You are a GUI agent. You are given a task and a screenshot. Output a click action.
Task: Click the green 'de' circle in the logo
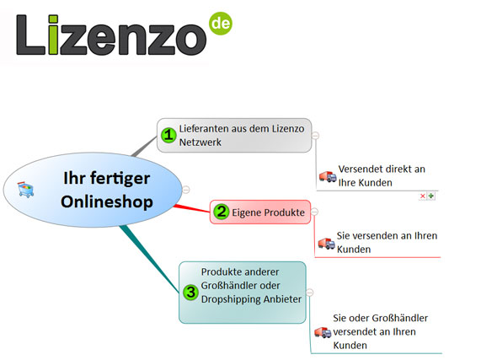[221, 24]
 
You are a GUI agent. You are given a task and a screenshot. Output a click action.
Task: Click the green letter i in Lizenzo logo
[54, 35]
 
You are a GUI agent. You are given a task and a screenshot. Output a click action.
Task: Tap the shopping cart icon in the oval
[25, 190]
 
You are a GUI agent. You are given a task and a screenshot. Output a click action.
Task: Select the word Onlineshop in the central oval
[107, 202]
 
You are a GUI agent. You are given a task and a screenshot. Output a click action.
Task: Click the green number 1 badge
[168, 136]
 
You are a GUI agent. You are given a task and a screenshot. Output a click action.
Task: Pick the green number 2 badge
[222, 212]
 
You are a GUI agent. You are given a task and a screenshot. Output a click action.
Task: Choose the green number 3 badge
[191, 292]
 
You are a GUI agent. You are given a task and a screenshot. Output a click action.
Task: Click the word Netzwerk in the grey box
[200, 142]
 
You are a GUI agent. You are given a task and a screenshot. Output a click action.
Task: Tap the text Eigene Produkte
[268, 212]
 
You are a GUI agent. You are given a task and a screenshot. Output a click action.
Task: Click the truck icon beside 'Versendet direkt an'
[328, 176]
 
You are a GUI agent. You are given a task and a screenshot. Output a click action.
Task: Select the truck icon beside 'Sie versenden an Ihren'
[327, 244]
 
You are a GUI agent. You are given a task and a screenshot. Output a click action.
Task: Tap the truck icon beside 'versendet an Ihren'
[323, 332]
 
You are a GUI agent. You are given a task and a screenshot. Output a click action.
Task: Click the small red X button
[423, 196]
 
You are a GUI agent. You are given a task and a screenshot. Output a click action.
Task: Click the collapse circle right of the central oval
[186, 190]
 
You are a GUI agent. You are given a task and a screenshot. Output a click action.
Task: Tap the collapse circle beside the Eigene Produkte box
[314, 212]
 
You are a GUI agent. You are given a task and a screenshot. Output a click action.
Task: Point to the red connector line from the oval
[191, 208]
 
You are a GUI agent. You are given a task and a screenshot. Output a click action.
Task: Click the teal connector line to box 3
[150, 259]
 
